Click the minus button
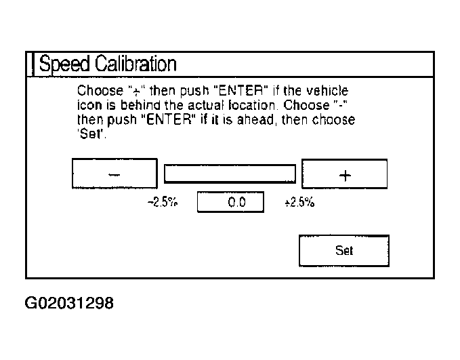(x=114, y=174)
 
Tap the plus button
(x=344, y=174)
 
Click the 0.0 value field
(x=230, y=202)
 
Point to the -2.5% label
(x=163, y=202)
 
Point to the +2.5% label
(x=299, y=202)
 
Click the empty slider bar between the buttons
(x=230, y=174)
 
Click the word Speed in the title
(x=64, y=64)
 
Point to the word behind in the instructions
(x=131, y=106)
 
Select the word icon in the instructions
(x=87, y=106)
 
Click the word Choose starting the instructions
(x=98, y=91)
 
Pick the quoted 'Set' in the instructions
(x=88, y=134)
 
